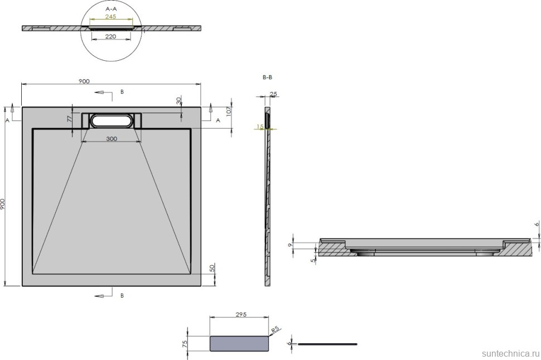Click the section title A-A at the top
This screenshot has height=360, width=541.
point(112,9)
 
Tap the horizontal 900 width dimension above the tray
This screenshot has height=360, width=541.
point(84,81)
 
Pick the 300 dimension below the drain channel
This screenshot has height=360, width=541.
point(112,139)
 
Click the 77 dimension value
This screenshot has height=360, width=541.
point(70,119)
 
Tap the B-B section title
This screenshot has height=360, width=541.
point(267,78)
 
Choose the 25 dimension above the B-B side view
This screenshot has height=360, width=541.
point(273,94)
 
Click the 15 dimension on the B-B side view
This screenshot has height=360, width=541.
point(260,127)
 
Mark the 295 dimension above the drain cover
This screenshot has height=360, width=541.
point(241,314)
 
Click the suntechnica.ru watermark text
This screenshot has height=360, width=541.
point(508,353)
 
